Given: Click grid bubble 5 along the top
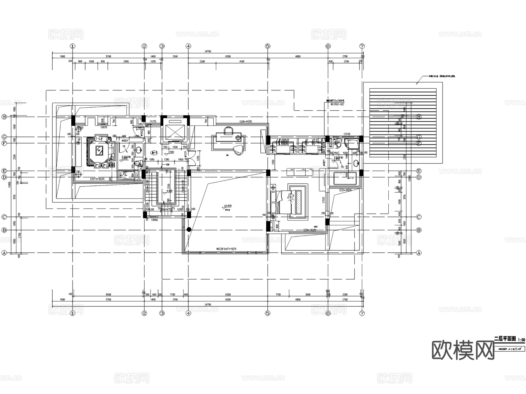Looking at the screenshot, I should coord(268,46).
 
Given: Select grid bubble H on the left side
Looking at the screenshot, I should coord(4,117).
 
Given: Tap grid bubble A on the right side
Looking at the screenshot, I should coord(419,253).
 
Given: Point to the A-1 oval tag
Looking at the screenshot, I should coord(154,153).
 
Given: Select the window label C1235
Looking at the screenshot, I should coord(153,121).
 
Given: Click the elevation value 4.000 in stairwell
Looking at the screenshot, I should coord(169,191).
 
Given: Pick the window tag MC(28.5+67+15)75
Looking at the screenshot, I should coord(226,249).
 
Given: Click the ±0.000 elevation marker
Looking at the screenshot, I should coord(228,206).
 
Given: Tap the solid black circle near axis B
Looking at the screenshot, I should coord(189,230).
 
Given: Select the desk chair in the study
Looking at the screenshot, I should coord(239,150).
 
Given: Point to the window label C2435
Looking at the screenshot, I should coord(347,134).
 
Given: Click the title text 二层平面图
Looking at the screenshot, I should coord(505,339).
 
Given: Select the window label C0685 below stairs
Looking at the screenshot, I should coord(155,220).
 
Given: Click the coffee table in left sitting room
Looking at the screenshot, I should coord(99,151).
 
